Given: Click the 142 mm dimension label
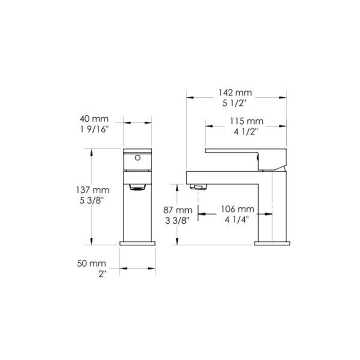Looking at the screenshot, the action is tap(235, 93).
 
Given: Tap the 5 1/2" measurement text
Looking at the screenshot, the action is tap(234, 103).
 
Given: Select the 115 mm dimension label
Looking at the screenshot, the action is tap(246, 121).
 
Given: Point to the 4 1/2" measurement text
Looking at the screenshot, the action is tap(246, 132).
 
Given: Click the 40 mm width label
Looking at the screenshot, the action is tap(94, 119).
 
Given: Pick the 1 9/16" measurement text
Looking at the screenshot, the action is tap(94, 130).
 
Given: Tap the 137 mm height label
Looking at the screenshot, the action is tap(93, 190).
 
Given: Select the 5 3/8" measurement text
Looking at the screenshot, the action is tap(92, 201).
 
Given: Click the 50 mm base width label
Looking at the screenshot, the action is tap(92, 263).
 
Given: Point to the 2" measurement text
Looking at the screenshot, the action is tap(102, 274).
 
